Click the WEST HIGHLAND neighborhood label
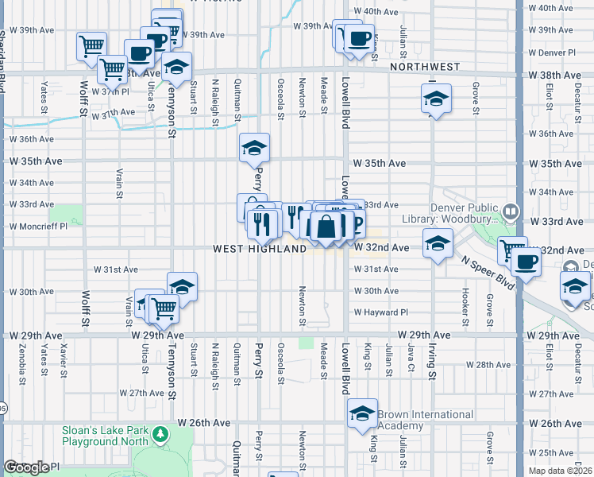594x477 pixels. click(260, 249)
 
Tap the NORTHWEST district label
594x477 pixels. click(425, 68)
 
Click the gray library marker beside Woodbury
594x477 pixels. click(510, 211)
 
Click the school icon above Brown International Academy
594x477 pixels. click(362, 413)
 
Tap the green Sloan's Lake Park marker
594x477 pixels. click(161, 434)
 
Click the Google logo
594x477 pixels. click(25, 467)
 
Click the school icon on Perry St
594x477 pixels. click(255, 148)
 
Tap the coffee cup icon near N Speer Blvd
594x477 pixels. click(524, 262)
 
